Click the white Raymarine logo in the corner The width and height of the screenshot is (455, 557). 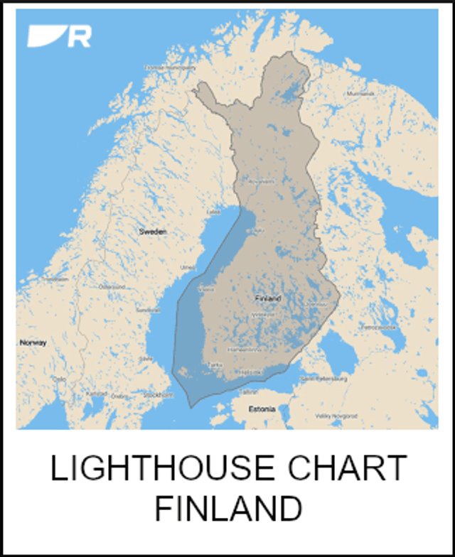[59, 36]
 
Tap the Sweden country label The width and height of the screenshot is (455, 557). [152, 232]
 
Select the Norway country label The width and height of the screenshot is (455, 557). [33, 342]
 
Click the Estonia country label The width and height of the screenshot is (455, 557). [261, 410]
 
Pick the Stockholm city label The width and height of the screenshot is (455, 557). [158, 394]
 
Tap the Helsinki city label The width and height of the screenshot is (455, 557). [250, 371]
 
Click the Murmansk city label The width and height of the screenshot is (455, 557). [358, 94]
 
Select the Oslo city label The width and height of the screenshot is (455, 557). [59, 379]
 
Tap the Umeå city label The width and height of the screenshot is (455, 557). [188, 267]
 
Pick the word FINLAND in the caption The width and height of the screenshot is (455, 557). [227, 509]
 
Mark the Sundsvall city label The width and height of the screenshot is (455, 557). [149, 310]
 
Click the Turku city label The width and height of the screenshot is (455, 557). [213, 364]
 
